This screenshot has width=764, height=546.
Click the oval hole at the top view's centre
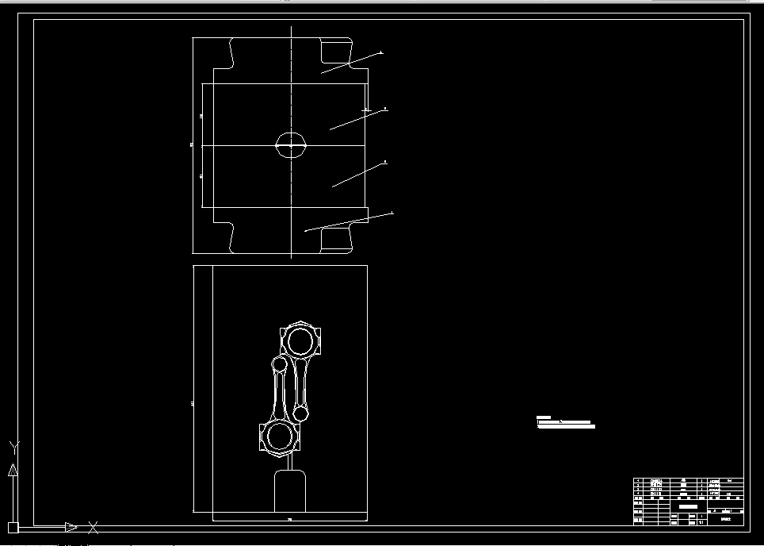291,145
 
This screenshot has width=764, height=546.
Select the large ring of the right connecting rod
302,342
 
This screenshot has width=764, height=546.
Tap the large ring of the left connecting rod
279,436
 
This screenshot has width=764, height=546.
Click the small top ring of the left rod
279,364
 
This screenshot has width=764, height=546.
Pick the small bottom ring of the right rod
301,413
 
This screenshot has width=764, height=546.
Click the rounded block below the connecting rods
289,491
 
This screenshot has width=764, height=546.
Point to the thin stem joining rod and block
289,461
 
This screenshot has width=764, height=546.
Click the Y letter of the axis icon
13,447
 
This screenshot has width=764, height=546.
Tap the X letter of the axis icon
94,526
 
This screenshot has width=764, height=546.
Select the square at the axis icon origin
13,527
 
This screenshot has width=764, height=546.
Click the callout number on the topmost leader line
381,52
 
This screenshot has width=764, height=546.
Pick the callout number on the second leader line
385,108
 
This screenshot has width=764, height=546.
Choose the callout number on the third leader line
385,162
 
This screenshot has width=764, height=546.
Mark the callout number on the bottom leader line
392,213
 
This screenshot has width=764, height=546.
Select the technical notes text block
565,422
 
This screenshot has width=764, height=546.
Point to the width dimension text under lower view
289,519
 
